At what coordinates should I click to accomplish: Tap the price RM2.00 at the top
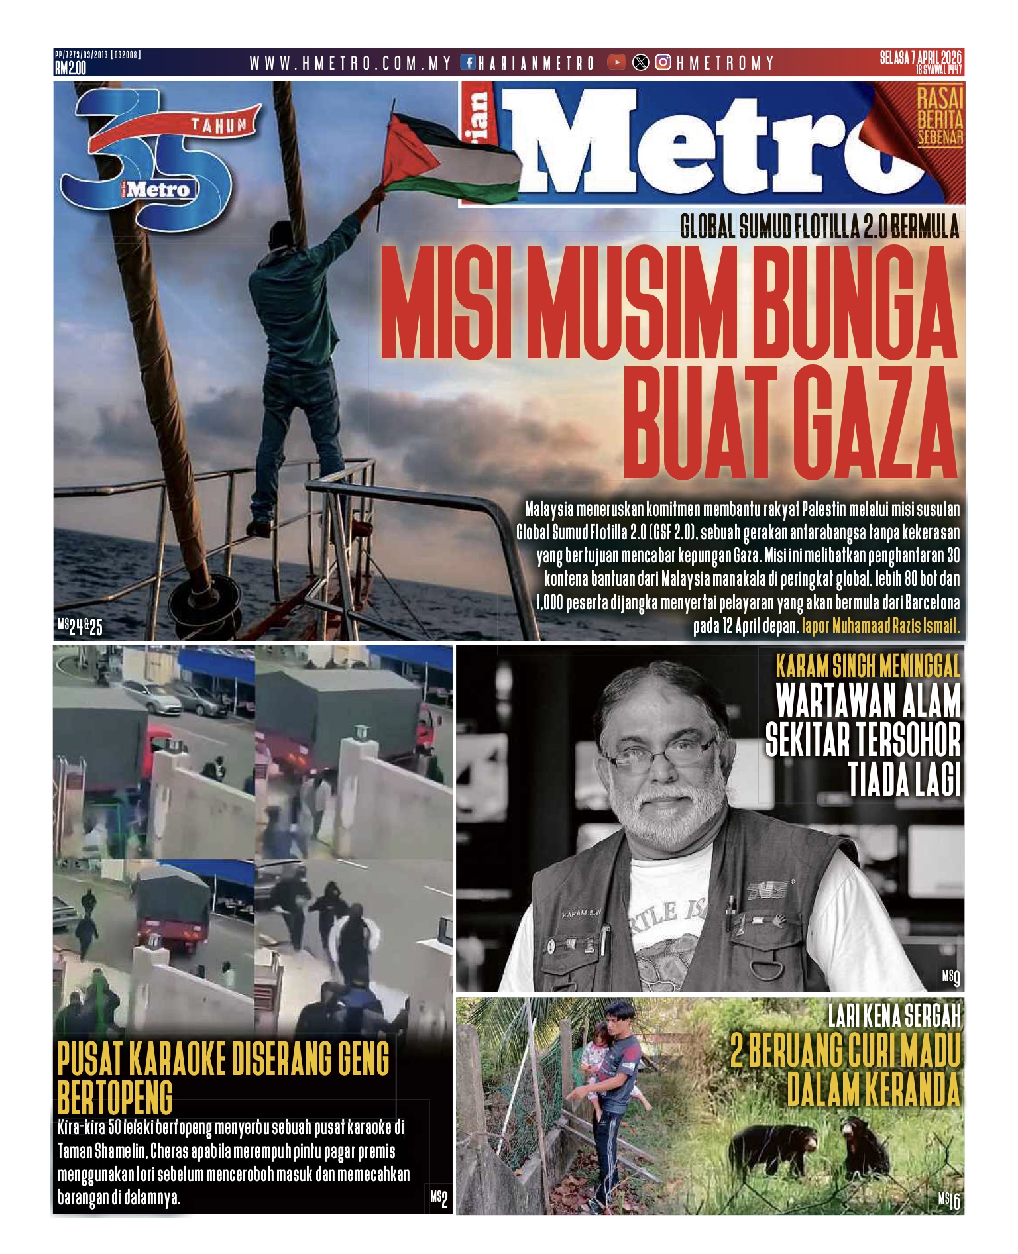(x=70, y=68)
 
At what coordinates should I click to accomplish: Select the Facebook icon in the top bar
(x=468, y=63)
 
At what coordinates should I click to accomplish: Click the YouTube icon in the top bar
(x=616, y=63)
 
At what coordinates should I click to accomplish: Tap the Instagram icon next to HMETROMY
(x=663, y=63)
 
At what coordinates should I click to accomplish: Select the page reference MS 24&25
(x=80, y=626)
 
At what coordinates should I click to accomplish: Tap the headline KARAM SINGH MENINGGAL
(x=868, y=666)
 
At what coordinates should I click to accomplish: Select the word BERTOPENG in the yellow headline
(x=115, y=1098)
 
